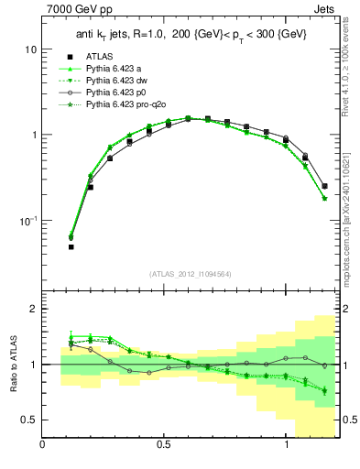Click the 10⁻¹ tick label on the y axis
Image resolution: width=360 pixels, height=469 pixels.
tap(27, 221)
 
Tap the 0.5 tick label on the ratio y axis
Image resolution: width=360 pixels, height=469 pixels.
tap(28, 420)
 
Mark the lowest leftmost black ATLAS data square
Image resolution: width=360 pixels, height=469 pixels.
tap(71, 246)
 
